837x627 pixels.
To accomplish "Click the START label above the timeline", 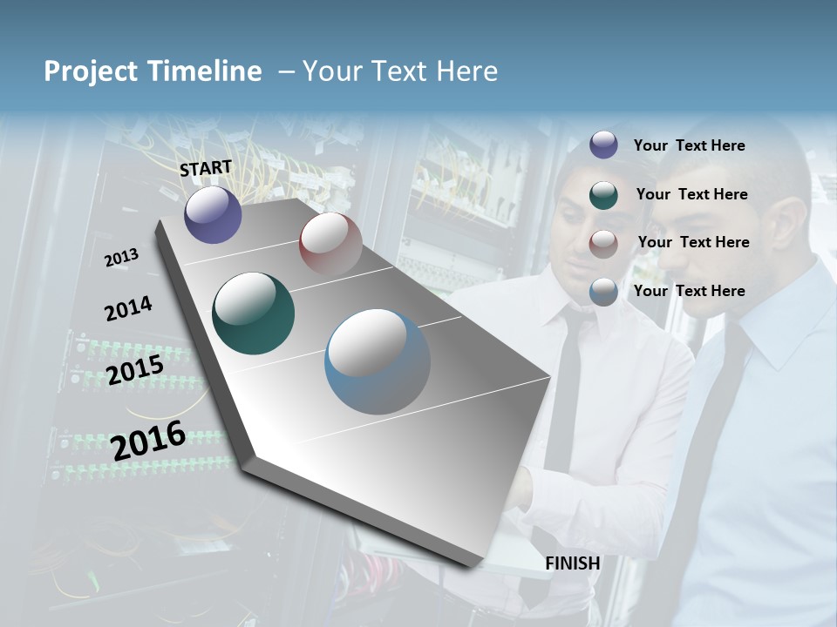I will click(x=206, y=168).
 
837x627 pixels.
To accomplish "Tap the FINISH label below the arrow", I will click(x=573, y=563).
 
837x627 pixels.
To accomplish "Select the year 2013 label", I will click(x=122, y=257).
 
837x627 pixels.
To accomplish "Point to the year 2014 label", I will click(x=128, y=309).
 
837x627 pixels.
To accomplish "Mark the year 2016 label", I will click(x=148, y=440).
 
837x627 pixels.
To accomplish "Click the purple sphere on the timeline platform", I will click(x=213, y=215).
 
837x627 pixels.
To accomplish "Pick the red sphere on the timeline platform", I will click(x=330, y=244).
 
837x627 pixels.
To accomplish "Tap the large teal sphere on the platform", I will click(x=253, y=313).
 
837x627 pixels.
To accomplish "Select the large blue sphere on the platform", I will click(x=377, y=362).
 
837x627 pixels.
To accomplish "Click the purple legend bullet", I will click(x=603, y=145).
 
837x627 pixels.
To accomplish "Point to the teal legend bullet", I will click(x=603, y=194).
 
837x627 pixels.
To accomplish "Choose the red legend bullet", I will click(x=603, y=243).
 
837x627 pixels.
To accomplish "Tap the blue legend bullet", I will click(x=603, y=292).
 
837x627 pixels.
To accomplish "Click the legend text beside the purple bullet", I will click(x=689, y=145).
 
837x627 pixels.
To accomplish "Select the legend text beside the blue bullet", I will click(x=689, y=291).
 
